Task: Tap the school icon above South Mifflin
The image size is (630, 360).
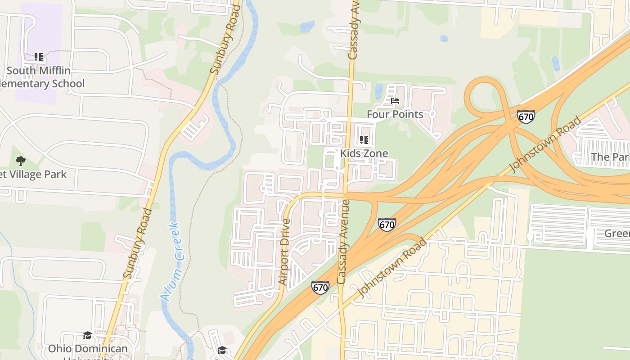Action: click(39, 57)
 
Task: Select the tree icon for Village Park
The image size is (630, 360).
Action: click(20, 161)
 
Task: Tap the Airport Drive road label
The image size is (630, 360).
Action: click(284, 252)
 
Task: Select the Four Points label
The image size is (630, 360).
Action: click(395, 114)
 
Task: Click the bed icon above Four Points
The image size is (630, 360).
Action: click(395, 101)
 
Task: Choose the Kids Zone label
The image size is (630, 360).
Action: click(364, 153)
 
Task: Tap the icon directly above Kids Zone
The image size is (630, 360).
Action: click(364, 140)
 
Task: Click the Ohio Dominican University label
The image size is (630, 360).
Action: click(88, 349)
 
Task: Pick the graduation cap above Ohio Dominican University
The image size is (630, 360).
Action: click(87, 335)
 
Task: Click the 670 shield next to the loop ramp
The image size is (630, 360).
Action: click(526, 117)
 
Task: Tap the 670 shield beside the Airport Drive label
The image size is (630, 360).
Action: click(320, 288)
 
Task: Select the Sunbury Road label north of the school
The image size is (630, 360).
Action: click(224, 45)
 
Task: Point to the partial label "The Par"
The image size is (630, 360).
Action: click(610, 157)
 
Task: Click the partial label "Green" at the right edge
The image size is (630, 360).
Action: click(616, 233)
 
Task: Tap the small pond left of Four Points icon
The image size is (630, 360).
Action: click(379, 91)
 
